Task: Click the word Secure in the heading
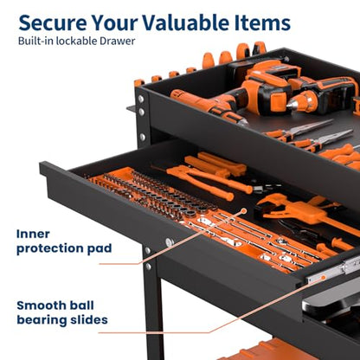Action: [53, 22]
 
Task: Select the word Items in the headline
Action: [262, 22]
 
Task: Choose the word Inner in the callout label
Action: [33, 234]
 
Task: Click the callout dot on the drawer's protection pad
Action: [244, 211]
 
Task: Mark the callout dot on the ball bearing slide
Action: [324, 278]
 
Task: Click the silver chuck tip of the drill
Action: [292, 105]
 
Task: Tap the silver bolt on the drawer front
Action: [170, 241]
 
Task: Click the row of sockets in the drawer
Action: [150, 193]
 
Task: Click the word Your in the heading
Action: [114, 22]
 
